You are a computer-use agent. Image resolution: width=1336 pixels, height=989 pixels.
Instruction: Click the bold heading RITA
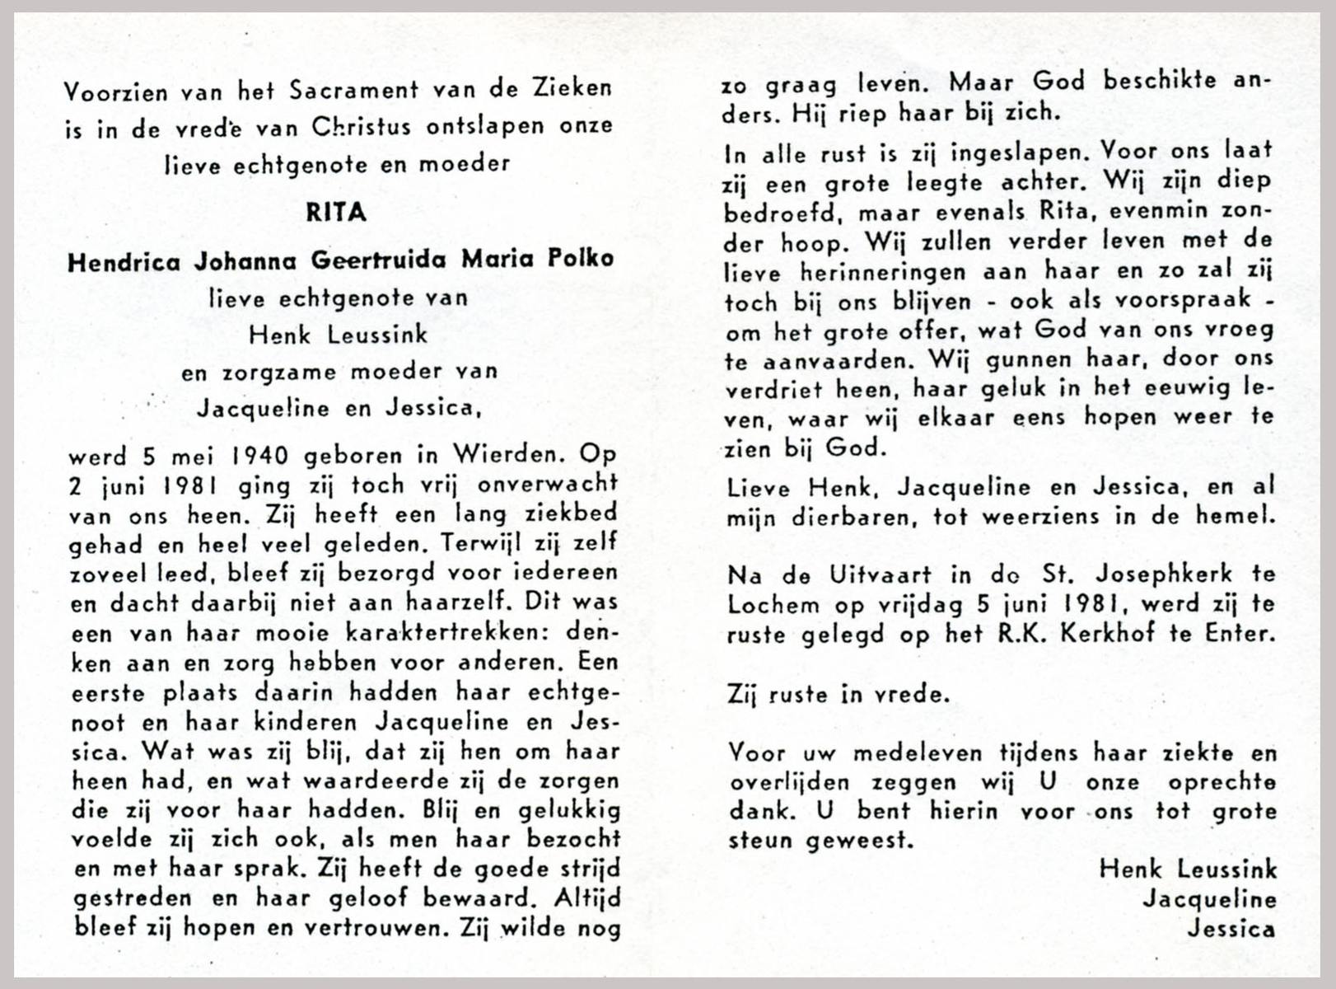pyautogui.click(x=336, y=213)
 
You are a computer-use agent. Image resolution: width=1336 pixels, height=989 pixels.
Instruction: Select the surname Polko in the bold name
pyautogui.click(x=581, y=260)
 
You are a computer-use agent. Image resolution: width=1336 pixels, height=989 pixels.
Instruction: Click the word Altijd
pyautogui.click(x=587, y=898)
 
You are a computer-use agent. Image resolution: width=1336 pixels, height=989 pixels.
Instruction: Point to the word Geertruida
pyautogui.click(x=378, y=260)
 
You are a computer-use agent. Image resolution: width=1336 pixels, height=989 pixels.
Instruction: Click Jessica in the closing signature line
pyautogui.click(x=1231, y=929)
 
